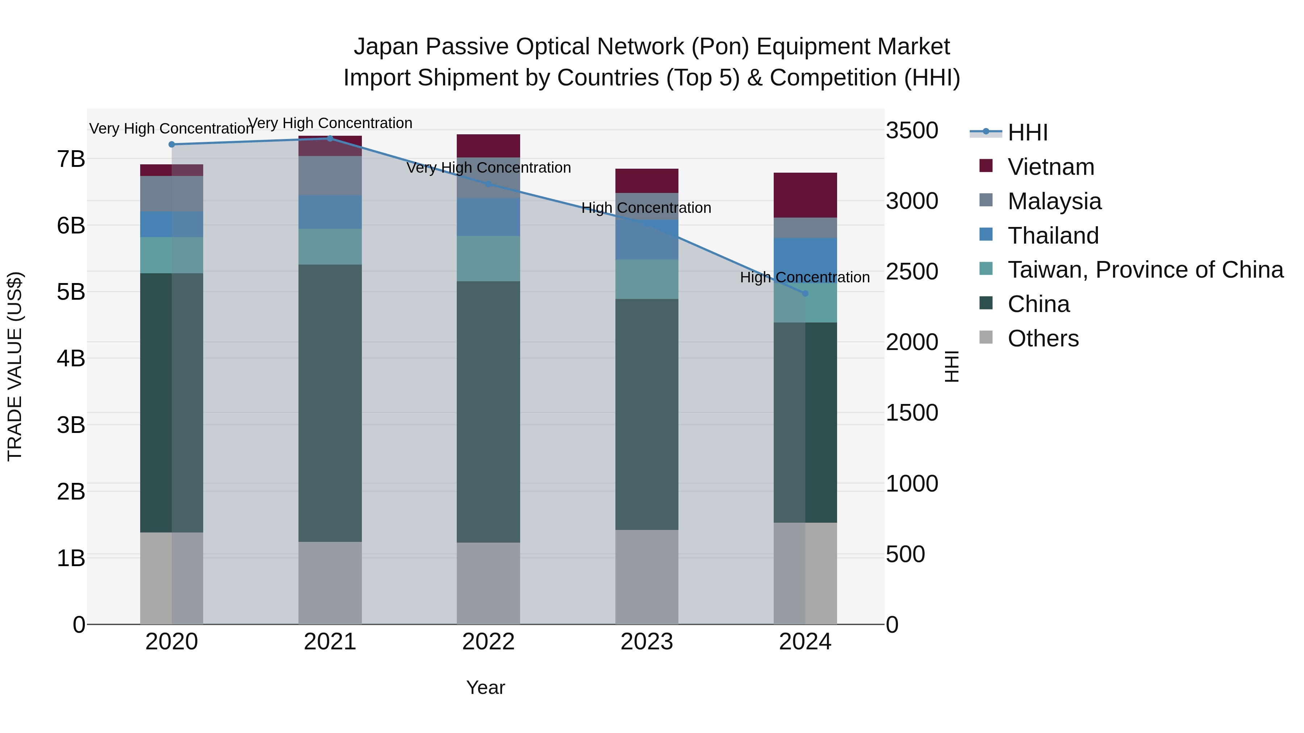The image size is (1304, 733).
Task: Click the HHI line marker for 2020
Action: pyautogui.click(x=172, y=144)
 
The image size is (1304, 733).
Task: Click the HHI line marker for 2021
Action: pyautogui.click(x=330, y=138)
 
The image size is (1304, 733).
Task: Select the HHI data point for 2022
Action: pyautogui.click(x=489, y=184)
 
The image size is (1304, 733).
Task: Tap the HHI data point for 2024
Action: pyautogui.click(x=805, y=294)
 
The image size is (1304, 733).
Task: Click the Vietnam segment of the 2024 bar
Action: pyautogui.click(x=805, y=195)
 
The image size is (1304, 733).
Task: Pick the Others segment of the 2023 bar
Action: pyautogui.click(x=647, y=577)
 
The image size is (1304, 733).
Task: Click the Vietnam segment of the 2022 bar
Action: pyautogui.click(x=489, y=146)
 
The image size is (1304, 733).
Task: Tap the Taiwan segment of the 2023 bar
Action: pyautogui.click(x=647, y=279)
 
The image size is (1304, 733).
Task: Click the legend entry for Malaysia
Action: pyautogui.click(x=1054, y=201)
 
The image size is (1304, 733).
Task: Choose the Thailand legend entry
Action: pyautogui.click(x=1053, y=236)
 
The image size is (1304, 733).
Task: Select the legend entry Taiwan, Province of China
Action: pyautogui.click(x=1145, y=270)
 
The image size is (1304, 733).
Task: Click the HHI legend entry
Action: pyautogui.click(x=1027, y=132)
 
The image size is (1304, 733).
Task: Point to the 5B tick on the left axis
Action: pyautogui.click(x=71, y=292)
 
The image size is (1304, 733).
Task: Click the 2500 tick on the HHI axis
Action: pyautogui.click(x=912, y=271)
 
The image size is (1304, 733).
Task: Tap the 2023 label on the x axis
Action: pyautogui.click(x=647, y=642)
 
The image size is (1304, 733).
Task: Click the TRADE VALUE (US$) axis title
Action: pyautogui.click(x=15, y=366)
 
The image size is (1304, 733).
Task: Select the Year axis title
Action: pyautogui.click(x=485, y=687)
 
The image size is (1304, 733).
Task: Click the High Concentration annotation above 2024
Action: pyautogui.click(x=805, y=277)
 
